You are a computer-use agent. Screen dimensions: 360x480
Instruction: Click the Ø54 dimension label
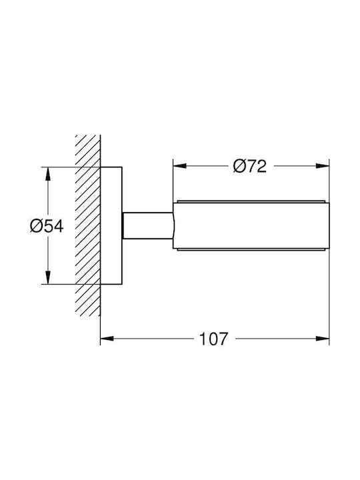pyautogui.click(x=47, y=227)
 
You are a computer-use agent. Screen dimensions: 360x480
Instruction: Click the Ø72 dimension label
pyautogui.click(x=250, y=166)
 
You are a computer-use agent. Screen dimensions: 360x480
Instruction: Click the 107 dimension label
pyautogui.click(x=213, y=339)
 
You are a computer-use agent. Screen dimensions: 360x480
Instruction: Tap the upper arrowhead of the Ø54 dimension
pyautogui.click(x=47, y=174)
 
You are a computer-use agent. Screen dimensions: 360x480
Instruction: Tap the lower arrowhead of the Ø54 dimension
pyautogui.click(x=47, y=277)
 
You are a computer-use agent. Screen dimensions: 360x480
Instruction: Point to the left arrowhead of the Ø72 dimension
pyautogui.click(x=180, y=166)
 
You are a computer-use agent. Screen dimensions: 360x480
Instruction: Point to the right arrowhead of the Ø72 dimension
pyautogui.click(x=323, y=166)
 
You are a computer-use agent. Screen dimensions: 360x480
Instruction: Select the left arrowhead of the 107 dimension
pyautogui.click(x=107, y=339)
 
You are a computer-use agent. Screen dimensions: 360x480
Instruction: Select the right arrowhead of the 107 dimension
pyautogui.click(x=323, y=339)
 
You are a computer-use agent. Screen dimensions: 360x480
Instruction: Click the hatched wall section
pyautogui.click(x=88, y=225)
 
